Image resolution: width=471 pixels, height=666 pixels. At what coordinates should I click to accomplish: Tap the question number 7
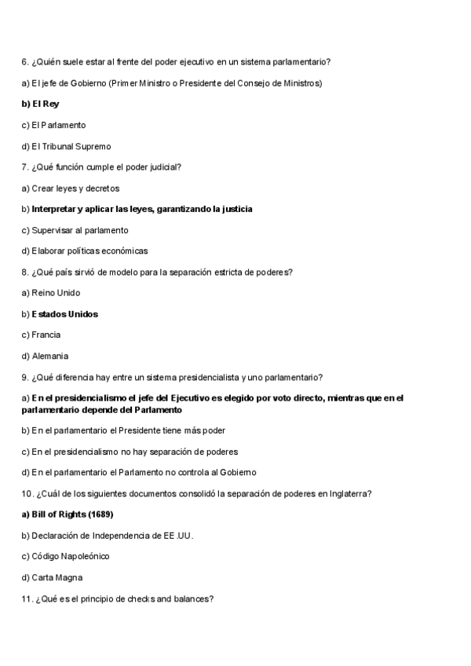(x=24, y=167)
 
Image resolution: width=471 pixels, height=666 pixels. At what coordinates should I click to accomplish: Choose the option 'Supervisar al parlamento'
(x=75, y=230)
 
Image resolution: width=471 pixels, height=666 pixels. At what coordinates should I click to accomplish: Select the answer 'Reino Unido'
(x=55, y=293)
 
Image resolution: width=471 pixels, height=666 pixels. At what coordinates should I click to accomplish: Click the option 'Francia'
(x=46, y=335)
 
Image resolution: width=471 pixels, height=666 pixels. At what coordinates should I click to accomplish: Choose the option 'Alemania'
(x=49, y=356)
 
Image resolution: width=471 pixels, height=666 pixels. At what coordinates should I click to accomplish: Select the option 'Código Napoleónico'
(x=70, y=556)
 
